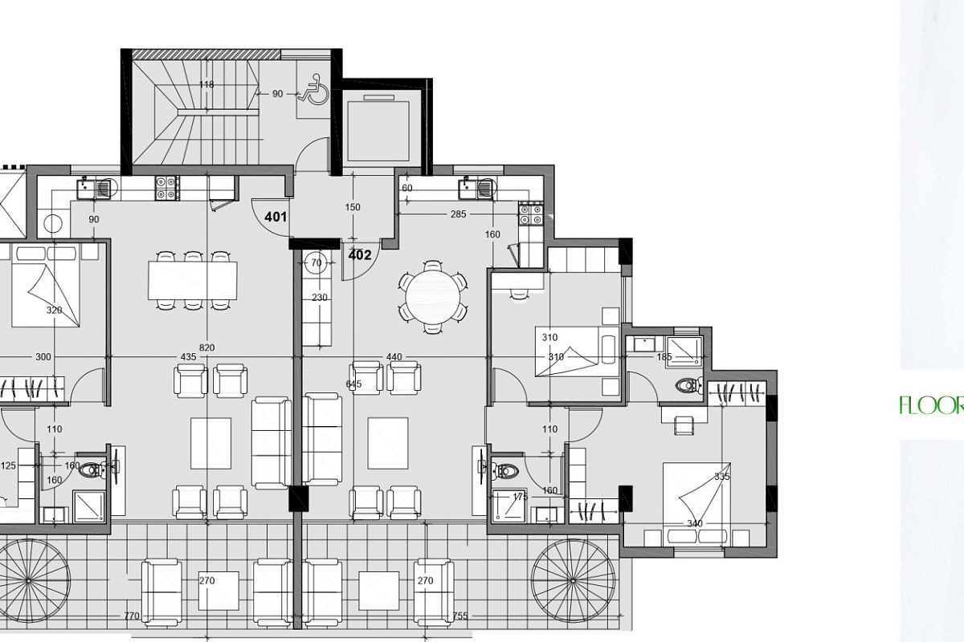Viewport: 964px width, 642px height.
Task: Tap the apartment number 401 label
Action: point(276,217)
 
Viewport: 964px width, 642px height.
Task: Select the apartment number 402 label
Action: point(360,255)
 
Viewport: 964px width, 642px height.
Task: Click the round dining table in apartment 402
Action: point(433,297)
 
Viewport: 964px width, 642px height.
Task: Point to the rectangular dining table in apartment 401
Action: point(192,280)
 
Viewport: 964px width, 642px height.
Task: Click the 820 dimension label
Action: point(207,347)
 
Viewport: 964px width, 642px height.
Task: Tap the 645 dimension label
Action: point(353,384)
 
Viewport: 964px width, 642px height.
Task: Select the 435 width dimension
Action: point(188,356)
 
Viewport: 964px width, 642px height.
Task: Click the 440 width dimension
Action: point(394,356)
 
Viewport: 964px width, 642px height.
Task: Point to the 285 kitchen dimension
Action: point(459,213)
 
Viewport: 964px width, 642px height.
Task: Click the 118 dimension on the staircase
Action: point(206,84)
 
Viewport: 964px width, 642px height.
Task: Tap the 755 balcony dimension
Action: point(460,616)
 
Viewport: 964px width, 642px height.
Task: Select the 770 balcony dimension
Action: point(132,616)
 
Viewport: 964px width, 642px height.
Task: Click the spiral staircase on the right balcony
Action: point(573,580)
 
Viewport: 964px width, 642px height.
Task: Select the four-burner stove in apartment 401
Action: point(167,189)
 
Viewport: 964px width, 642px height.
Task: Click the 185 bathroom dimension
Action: point(664,356)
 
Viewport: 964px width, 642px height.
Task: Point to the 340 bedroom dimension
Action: point(695,523)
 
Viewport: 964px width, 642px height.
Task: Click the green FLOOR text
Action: point(932,405)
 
